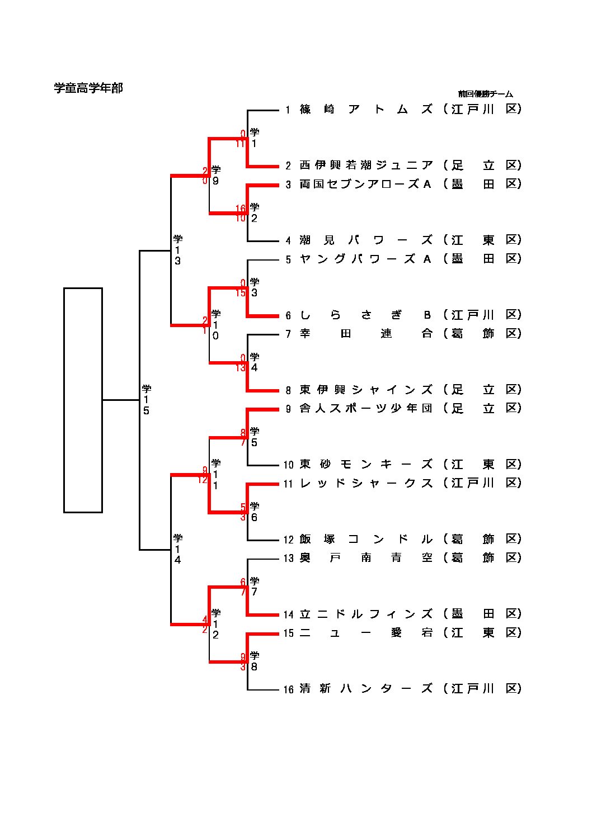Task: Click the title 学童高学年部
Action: [x=88, y=88]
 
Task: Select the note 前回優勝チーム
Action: [x=485, y=94]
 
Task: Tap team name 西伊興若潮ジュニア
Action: [x=366, y=165]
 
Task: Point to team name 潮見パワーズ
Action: [x=366, y=240]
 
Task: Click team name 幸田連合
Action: [x=366, y=333]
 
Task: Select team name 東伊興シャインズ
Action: [x=366, y=389]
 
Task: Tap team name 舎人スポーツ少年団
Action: [x=366, y=408]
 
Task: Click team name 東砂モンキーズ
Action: [x=366, y=464]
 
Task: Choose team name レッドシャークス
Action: [x=366, y=483]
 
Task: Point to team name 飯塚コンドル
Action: [x=366, y=539]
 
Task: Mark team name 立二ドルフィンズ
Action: [x=366, y=614]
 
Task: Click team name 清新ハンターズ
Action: [x=366, y=689]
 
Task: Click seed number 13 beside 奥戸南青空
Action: [x=288, y=558]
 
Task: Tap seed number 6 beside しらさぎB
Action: [x=288, y=316]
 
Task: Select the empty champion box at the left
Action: [x=83, y=400]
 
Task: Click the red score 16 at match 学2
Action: [x=241, y=209]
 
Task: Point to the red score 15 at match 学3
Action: [x=241, y=293]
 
